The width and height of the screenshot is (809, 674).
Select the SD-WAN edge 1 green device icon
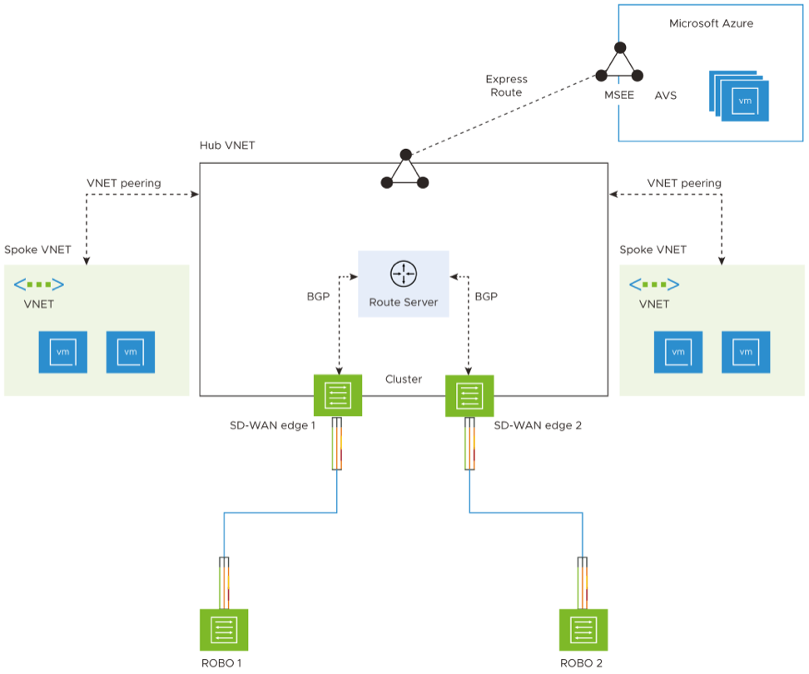point(338,394)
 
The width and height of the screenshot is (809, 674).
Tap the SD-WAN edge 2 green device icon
point(470,394)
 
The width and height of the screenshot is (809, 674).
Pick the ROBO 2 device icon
point(583,631)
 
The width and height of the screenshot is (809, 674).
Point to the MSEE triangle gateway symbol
point(618,63)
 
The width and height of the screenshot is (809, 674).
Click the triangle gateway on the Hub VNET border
point(404,171)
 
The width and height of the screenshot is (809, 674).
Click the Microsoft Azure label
point(711,23)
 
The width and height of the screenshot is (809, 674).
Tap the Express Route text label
point(506,86)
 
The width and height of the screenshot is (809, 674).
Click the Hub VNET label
point(227,145)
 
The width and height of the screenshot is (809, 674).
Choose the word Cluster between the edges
point(404,379)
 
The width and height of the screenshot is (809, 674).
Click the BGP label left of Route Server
point(319,295)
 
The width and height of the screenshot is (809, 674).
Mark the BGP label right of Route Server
point(486,295)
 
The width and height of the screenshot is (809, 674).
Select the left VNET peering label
point(124,183)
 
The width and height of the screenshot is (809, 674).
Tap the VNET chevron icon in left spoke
point(39,285)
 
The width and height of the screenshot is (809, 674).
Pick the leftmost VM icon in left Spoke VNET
point(62,352)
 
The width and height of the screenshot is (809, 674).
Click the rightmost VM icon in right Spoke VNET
point(746,352)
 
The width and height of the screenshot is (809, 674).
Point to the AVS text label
point(666,96)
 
